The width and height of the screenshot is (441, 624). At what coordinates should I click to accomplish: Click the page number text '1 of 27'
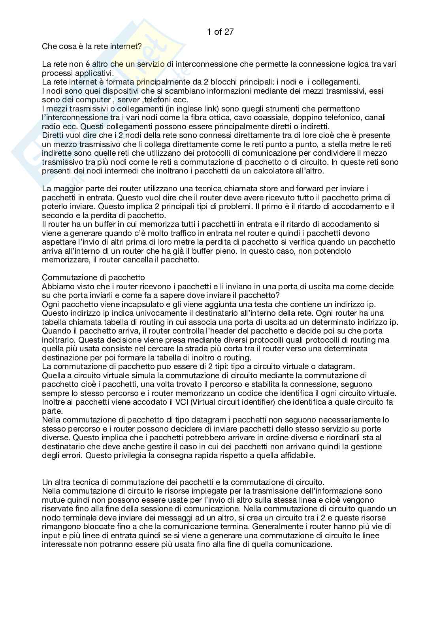tap(220, 32)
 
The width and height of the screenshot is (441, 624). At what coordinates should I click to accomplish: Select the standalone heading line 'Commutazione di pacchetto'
tap(93, 277)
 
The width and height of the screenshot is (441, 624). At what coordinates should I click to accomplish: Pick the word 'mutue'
tap(53, 500)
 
